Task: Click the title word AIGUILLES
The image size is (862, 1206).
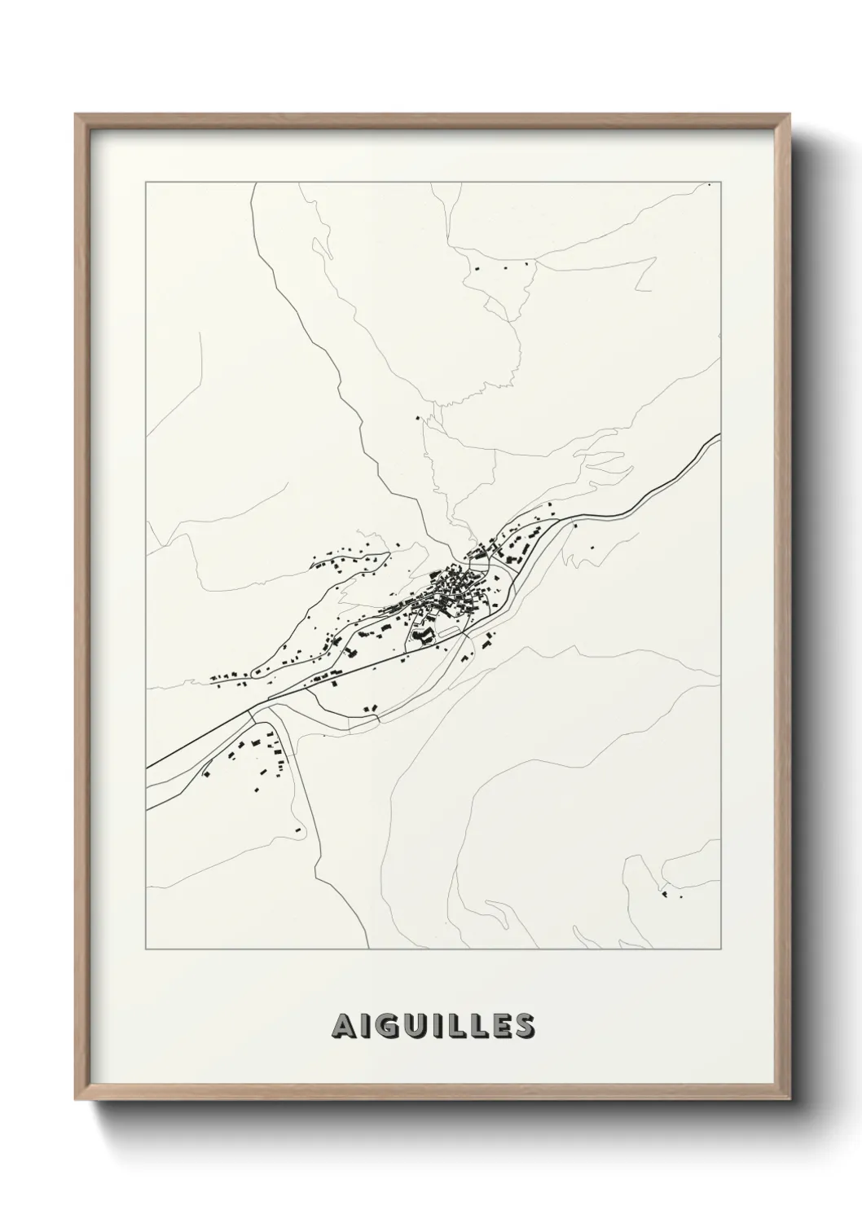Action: coord(433,1027)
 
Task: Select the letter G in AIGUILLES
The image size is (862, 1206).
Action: coord(388,1027)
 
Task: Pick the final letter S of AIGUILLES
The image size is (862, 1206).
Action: coord(524,1027)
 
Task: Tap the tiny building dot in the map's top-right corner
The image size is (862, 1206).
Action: coord(710,186)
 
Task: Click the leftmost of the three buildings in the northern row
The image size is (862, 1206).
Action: coord(477,267)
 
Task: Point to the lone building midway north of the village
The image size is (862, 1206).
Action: coord(419,418)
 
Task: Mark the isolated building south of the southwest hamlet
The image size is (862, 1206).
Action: coord(297,830)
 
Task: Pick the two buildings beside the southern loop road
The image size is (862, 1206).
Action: coord(371,710)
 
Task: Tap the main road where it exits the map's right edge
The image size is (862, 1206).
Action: coord(718,438)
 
